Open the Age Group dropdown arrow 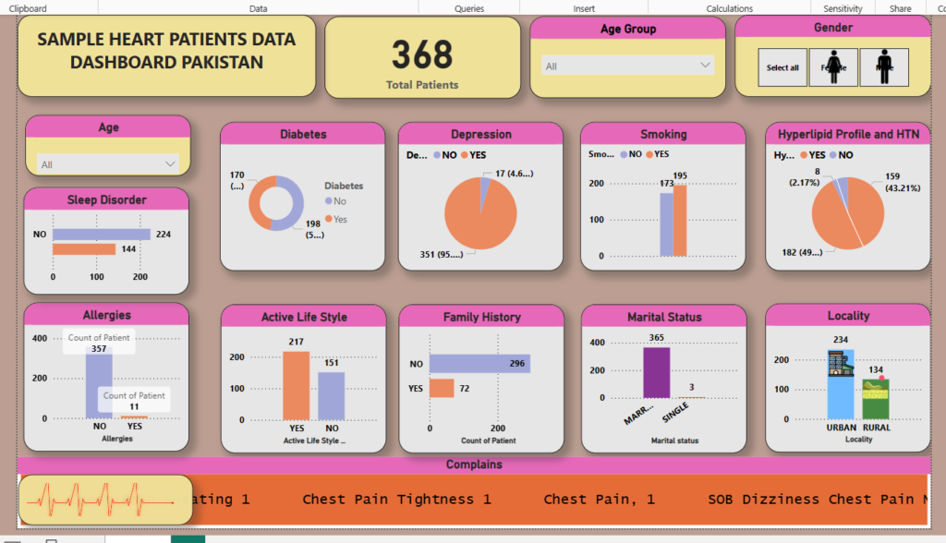[706, 66]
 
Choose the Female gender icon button [833, 67]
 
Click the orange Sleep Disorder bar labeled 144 [84, 249]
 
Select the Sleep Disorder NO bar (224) [102, 235]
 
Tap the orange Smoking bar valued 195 [681, 221]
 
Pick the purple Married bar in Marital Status [656, 372]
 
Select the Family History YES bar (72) [442, 389]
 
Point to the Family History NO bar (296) [479, 364]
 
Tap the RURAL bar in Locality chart [876, 398]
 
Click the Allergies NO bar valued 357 [99, 388]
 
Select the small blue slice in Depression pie [485, 181]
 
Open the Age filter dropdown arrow [170, 163]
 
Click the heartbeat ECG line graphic [101, 501]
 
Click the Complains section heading [474, 465]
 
